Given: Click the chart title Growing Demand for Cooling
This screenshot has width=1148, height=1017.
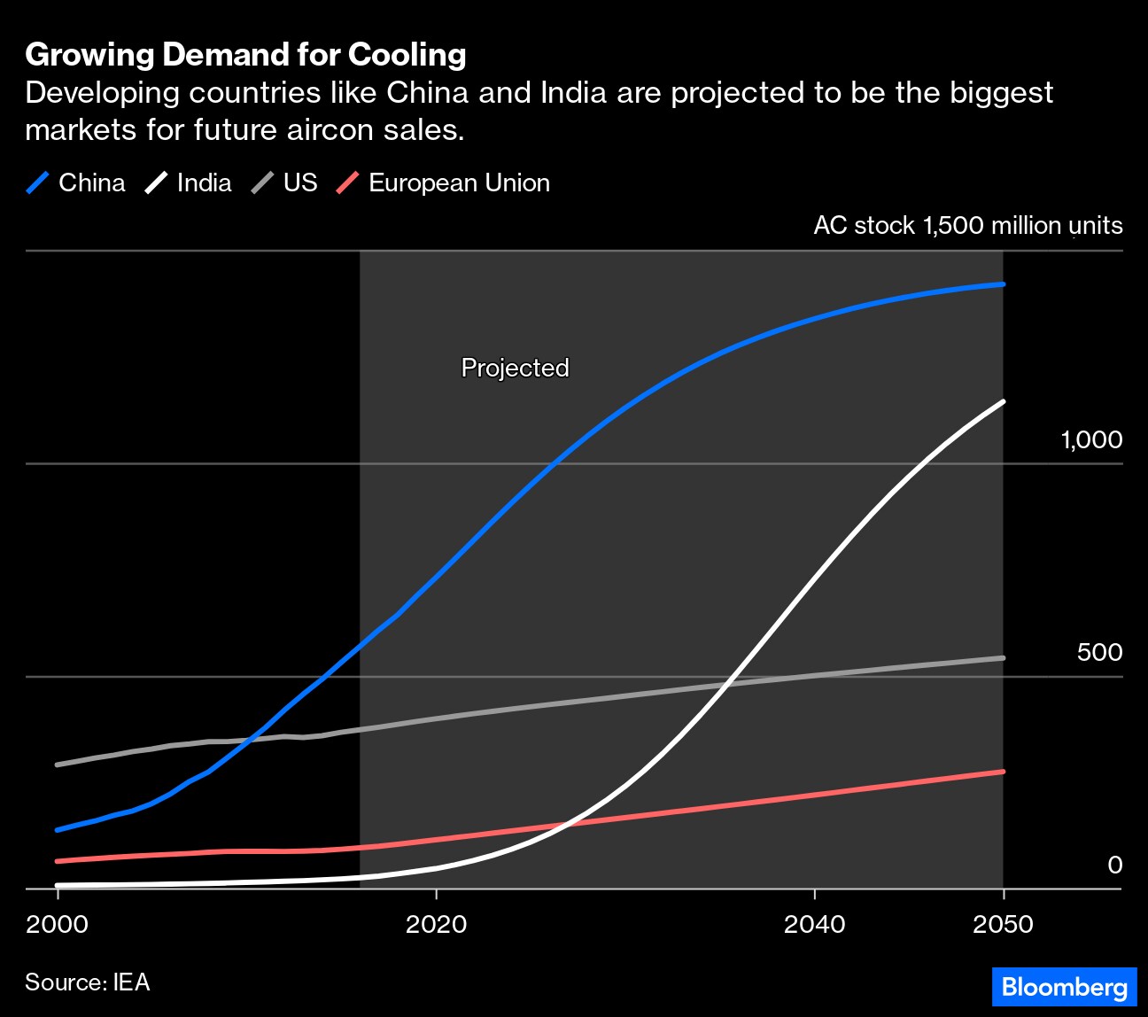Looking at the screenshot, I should point(245,55).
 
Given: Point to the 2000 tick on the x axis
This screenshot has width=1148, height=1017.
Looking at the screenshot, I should point(58,925).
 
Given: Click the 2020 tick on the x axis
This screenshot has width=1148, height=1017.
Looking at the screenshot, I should point(436,925).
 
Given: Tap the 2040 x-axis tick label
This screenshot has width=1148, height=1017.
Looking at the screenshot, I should point(814,925).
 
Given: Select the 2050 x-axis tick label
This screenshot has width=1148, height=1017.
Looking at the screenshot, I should point(1003,925).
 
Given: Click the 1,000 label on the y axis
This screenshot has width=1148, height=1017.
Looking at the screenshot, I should point(1091,440).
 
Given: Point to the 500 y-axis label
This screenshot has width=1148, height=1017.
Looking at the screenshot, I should point(1099,653).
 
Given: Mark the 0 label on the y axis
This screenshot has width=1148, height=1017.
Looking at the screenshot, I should point(1115,866).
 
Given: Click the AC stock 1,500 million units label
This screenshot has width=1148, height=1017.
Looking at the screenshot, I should point(967,226).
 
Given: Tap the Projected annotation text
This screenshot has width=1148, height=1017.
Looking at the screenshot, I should point(515,368).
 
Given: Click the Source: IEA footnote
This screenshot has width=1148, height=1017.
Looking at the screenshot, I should point(88,982).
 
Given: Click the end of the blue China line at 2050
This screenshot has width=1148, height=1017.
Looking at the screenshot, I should point(1003,284).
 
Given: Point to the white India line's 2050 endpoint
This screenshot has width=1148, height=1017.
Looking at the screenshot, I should point(1003,402).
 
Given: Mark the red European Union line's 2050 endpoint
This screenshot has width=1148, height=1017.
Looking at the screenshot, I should point(1003,772).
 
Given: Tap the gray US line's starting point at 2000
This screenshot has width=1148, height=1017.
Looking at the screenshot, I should point(58,765).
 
